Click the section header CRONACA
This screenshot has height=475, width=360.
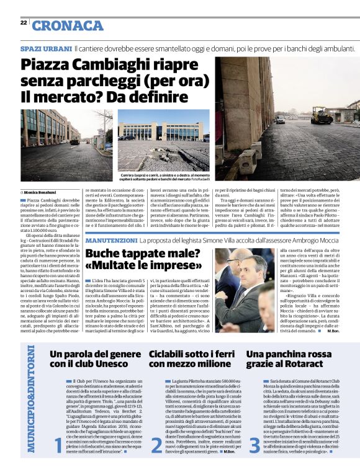68,25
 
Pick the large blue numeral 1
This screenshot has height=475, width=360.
58,445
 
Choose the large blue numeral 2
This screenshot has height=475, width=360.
156,445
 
